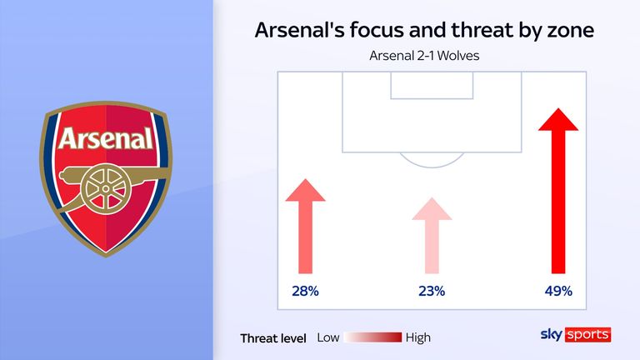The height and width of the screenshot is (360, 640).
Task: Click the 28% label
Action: pos(305,292)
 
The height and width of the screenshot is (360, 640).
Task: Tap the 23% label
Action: pos(432,292)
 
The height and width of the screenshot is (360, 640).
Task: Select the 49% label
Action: pos(557,292)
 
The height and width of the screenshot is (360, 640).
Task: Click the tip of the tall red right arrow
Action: pos(558,109)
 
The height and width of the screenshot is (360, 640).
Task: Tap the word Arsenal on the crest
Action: pos(106,137)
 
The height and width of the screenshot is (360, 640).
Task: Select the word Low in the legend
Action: pos(328,337)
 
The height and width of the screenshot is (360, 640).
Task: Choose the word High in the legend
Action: pos(418,337)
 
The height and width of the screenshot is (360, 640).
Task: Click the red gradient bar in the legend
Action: pos(373,337)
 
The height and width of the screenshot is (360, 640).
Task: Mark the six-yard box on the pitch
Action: pos(432,85)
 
